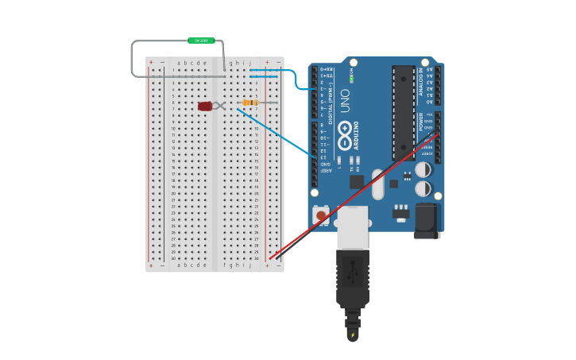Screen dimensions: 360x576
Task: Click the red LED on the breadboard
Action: (205, 106)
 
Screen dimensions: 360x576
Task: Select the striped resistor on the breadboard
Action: (251, 103)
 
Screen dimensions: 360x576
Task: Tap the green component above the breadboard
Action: (201, 41)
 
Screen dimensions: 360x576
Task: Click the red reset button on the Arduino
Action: (321, 215)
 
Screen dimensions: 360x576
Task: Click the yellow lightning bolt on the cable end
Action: (353, 336)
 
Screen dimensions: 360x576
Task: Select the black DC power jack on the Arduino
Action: (427, 220)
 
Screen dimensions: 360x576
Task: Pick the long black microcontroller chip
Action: (404, 112)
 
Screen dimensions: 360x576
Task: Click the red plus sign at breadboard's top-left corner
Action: (151, 62)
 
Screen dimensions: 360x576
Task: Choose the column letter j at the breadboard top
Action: (249, 63)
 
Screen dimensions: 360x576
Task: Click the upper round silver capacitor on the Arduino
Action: (423, 169)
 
